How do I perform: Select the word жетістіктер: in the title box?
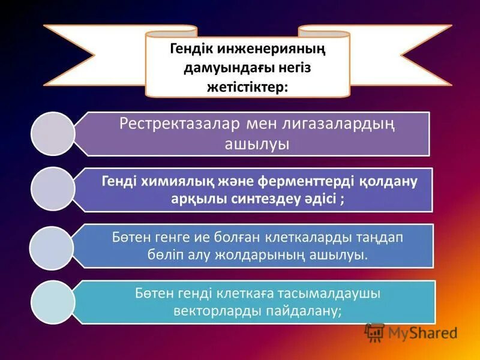coord(247,87)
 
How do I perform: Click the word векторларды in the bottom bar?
coord(212,312)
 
